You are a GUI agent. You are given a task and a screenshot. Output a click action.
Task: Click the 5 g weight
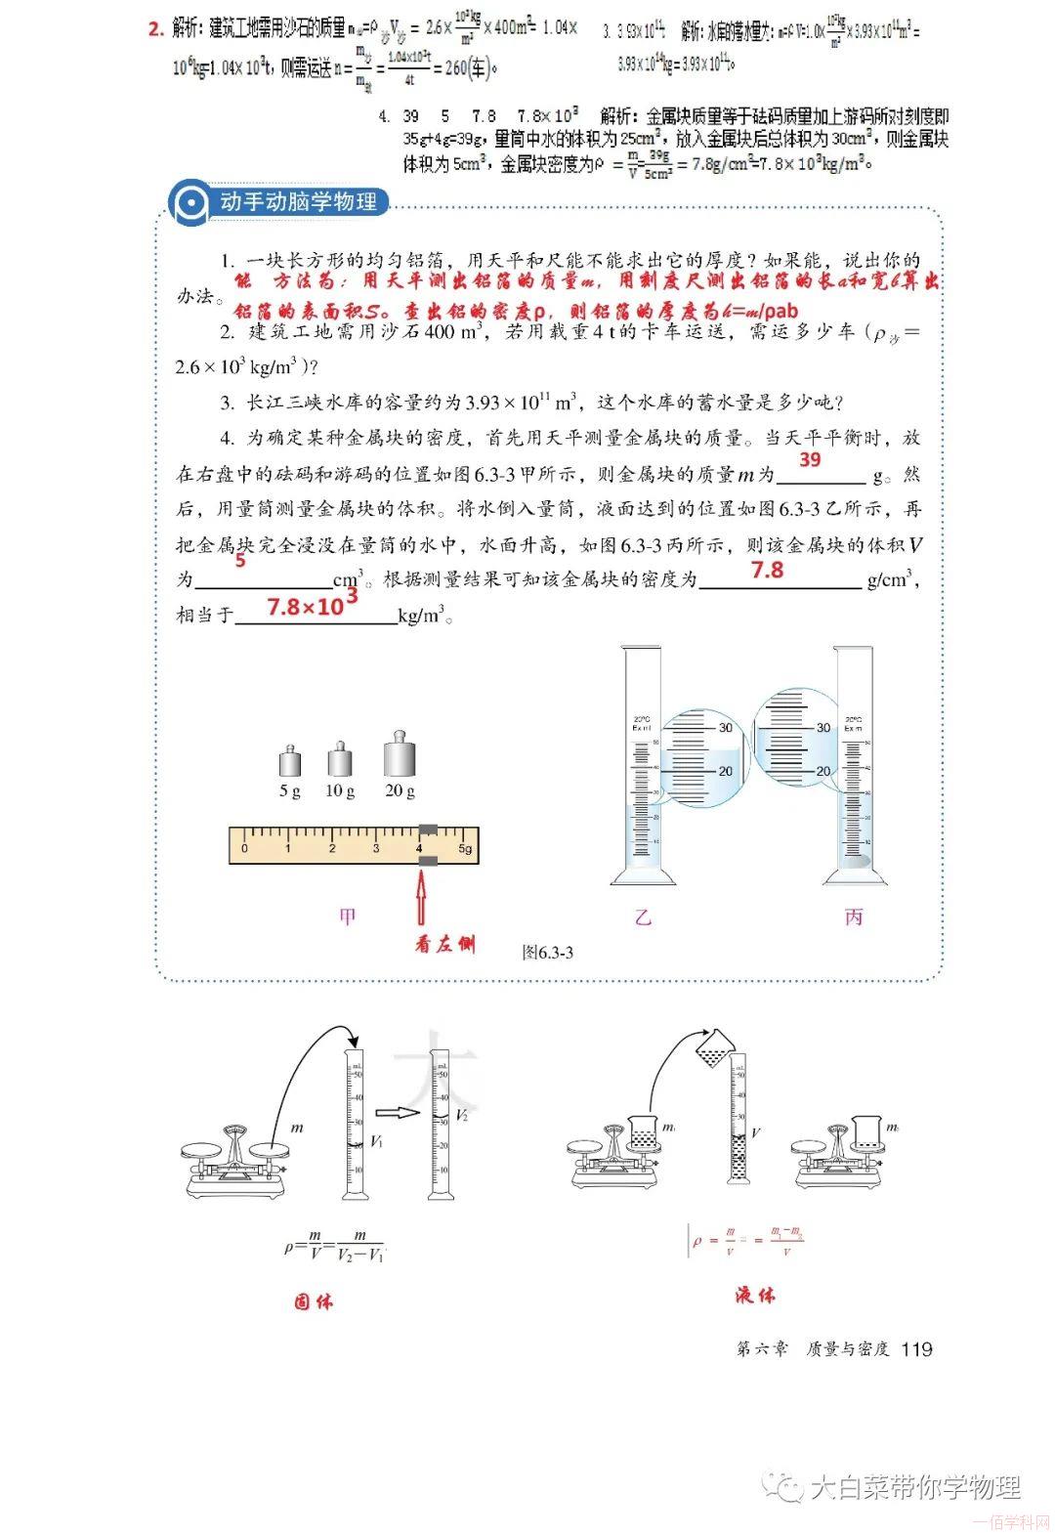pyautogui.click(x=289, y=762)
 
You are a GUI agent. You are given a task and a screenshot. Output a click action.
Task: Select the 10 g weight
pyautogui.click(x=340, y=758)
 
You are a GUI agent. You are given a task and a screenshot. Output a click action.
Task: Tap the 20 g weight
pyautogui.click(x=399, y=753)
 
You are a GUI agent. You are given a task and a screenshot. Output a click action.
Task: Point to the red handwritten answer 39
pyautogui.click(x=811, y=459)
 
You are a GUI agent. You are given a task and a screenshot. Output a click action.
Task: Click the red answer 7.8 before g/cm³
pyautogui.click(x=767, y=570)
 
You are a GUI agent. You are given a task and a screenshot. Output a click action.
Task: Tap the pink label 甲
pyautogui.click(x=347, y=916)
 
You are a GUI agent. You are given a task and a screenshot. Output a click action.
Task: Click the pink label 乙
pyautogui.click(x=643, y=917)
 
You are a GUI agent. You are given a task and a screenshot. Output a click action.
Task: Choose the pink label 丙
pyautogui.click(x=854, y=917)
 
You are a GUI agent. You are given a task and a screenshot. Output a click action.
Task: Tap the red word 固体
pyautogui.click(x=314, y=1301)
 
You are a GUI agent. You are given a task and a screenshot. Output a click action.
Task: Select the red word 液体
pyautogui.click(x=755, y=1296)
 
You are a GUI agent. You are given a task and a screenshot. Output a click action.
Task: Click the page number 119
pyautogui.click(x=917, y=1349)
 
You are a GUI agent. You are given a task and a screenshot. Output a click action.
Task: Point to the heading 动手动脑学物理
pyautogui.click(x=298, y=202)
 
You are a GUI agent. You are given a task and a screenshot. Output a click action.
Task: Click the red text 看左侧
pyautogui.click(x=444, y=945)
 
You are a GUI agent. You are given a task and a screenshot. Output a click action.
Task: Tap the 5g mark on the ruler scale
pyautogui.click(x=466, y=849)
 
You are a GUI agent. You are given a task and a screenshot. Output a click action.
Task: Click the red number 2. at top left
pyautogui.click(x=155, y=29)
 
